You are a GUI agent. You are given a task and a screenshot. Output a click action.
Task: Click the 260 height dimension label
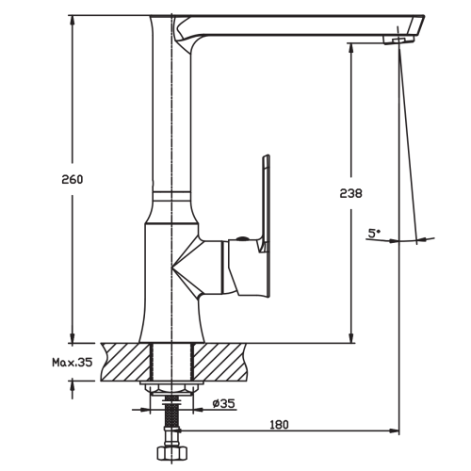pyautogui.click(x=73, y=180)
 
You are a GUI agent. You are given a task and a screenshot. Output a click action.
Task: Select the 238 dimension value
pyautogui.click(x=350, y=193)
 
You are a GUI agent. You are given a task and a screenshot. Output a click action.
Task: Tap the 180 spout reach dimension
pyautogui.click(x=279, y=425)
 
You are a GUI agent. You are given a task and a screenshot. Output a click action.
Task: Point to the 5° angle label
pyautogui.click(x=374, y=233)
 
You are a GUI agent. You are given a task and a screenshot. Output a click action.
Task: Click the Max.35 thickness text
pyautogui.click(x=73, y=363)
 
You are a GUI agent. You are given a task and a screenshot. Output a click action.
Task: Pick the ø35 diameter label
pyautogui.click(x=223, y=403)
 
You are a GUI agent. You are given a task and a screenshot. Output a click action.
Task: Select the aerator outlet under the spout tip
pyautogui.click(x=398, y=40)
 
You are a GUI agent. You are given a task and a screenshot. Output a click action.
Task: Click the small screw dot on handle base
pyautogui.click(x=242, y=238)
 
